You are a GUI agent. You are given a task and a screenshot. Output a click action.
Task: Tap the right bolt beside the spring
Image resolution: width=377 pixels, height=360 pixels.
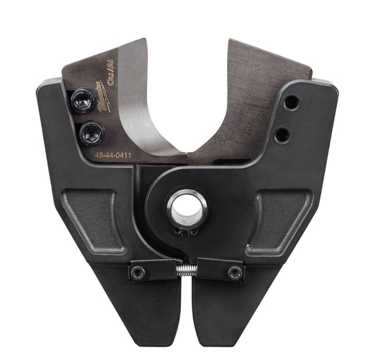tap(234, 272)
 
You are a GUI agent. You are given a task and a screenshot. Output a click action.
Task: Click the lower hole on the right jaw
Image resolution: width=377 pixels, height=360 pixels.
tap(280, 134)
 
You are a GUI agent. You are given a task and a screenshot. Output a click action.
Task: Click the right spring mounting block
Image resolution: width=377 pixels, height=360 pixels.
tap(223, 271)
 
